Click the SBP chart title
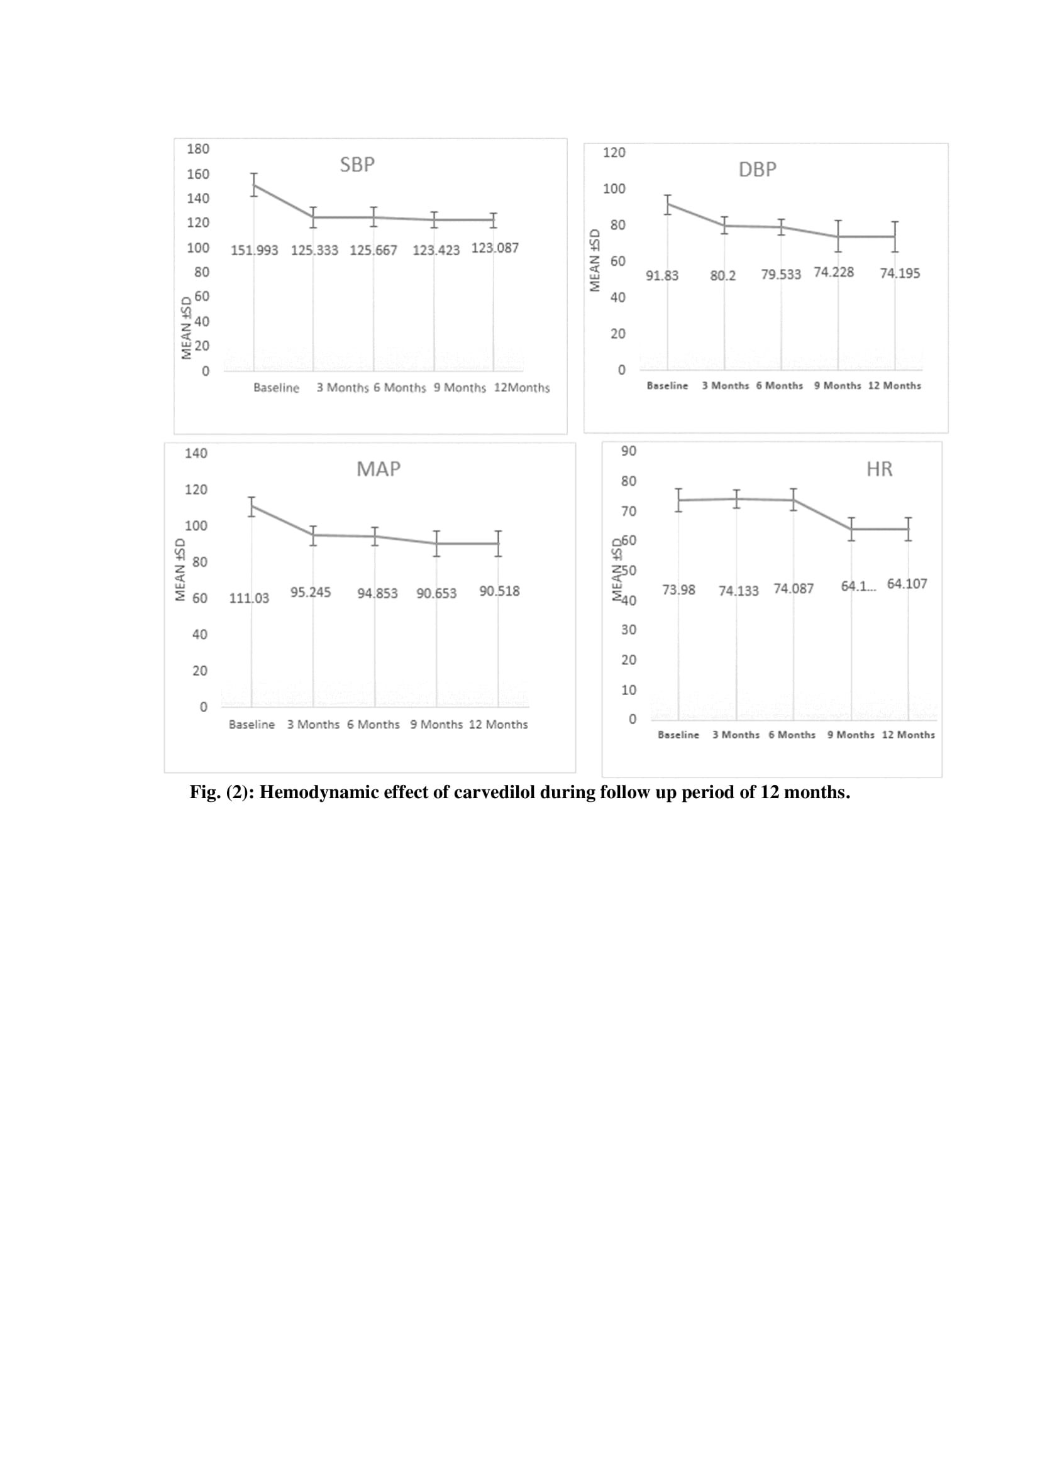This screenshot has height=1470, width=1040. coord(357,165)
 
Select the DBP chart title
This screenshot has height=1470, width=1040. coord(757,170)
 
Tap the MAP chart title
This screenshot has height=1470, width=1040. coord(378,469)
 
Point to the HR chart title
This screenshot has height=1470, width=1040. coord(878,469)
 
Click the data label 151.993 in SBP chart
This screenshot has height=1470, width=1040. coord(254,250)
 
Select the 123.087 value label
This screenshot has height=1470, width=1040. coord(494,248)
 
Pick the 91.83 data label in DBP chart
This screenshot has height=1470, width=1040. coord(661,275)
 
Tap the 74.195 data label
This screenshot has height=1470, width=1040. coord(899,273)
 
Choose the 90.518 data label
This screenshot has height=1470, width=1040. coord(499,591)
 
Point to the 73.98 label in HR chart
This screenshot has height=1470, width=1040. coord(678,590)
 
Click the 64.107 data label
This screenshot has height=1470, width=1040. coord(906,584)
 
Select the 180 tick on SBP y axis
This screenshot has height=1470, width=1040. coord(198,148)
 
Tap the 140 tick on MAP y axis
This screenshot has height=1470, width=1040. coord(196,453)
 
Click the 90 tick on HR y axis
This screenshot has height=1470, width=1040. coord(628,451)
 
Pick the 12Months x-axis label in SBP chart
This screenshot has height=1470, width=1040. coord(521,388)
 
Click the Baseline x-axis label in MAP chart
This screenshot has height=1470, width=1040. coord(252,725)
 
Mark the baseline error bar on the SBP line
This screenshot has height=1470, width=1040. coord(254,184)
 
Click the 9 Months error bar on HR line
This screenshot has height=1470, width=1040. coord(851,529)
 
